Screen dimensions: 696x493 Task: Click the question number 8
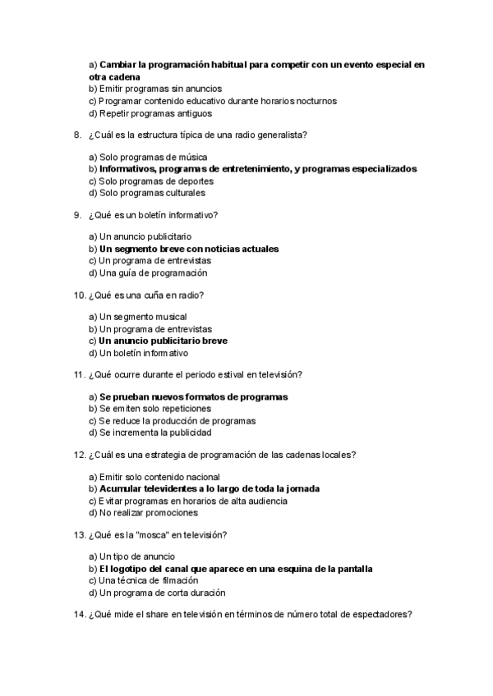[x=76, y=135]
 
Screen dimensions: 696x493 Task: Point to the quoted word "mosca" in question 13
[x=145, y=535]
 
